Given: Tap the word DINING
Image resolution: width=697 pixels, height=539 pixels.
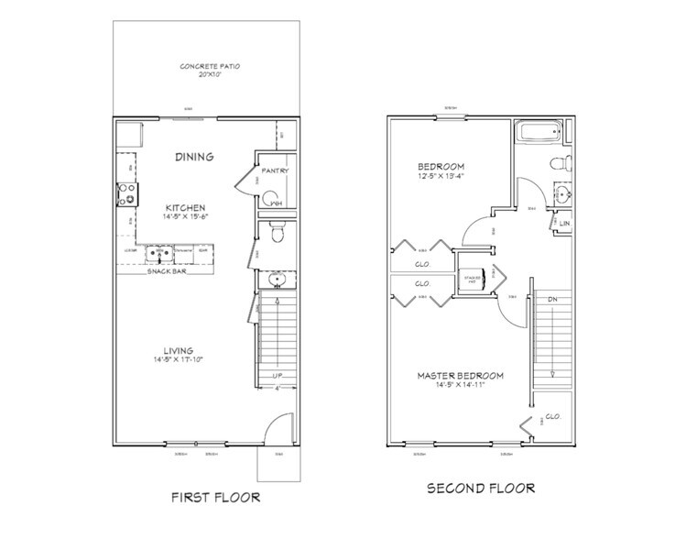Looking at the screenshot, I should click(x=194, y=157).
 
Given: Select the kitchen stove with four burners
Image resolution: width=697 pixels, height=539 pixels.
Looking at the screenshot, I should click(x=125, y=194).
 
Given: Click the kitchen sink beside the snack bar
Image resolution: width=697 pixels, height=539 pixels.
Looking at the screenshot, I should click(x=159, y=250).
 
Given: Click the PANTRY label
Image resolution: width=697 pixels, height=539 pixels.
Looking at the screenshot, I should click(x=275, y=171).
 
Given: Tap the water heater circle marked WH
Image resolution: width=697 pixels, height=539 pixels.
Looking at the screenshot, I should click(x=271, y=201).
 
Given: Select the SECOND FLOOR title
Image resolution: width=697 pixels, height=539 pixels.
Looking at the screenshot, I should click(x=481, y=489).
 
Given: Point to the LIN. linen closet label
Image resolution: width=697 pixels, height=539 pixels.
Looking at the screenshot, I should click(x=565, y=223).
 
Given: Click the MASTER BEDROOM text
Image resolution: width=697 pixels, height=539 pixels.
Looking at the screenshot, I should click(x=462, y=376).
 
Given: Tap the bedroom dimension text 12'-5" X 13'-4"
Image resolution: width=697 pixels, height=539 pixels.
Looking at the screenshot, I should click(x=444, y=176).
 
